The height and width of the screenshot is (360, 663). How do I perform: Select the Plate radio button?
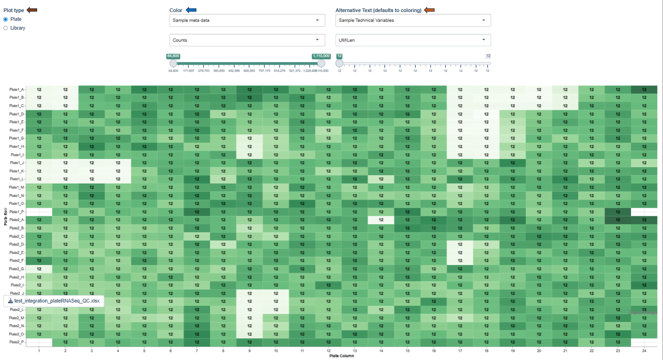pos(6,19)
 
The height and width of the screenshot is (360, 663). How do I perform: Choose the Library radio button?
pos(6,28)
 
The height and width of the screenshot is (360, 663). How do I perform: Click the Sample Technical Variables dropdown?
pos(413,20)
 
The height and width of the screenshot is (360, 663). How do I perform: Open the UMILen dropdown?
pos(413,40)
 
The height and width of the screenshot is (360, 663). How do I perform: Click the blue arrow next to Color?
pos(191,10)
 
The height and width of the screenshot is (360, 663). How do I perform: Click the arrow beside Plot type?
pos(32,10)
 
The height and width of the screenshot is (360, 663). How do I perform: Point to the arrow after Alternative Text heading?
pos(429,10)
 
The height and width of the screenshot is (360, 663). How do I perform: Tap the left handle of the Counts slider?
pos(173,63)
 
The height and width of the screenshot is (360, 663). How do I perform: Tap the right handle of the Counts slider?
pos(321,63)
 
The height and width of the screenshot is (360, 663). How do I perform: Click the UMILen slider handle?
pos(339,63)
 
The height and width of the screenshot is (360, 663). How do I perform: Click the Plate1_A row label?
pos(16,90)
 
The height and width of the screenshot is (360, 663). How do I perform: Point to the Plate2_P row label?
pos(16,342)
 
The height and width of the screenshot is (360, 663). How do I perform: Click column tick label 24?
pos(644,351)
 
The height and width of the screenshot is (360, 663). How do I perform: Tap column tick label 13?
pos(355,351)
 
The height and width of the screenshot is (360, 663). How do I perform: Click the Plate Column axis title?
pos(341,357)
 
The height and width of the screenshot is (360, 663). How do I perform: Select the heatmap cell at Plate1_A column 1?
pos(39,90)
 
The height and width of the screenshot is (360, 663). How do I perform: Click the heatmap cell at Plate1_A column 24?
pos(644,90)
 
